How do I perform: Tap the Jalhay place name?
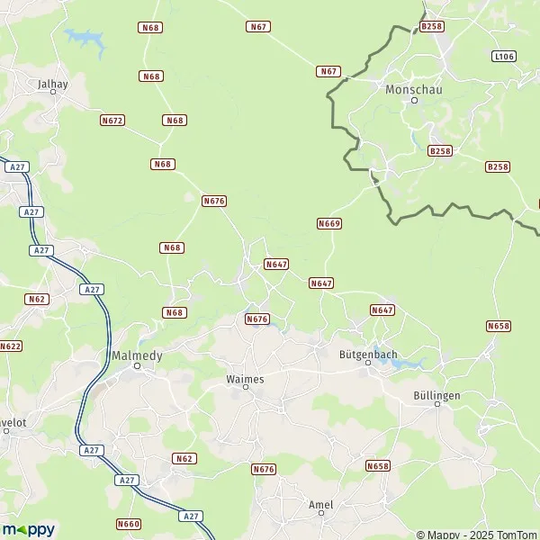53,84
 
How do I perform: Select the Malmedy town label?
137,355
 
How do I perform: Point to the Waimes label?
245,379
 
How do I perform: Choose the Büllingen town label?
436,395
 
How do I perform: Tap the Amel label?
320,505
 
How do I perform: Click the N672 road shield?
112,120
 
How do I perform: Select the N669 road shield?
329,222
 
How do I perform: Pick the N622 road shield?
9,346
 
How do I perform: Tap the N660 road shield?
129,524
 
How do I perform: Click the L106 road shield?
504,56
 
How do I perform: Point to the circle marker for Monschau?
415,101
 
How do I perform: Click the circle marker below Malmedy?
138,366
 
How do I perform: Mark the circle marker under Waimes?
247,390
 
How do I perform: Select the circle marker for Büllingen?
437,405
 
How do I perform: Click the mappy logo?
28,529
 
